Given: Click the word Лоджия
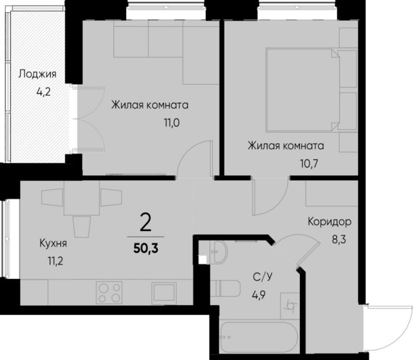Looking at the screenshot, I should tap(37, 73).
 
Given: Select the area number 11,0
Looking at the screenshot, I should tap(171, 122).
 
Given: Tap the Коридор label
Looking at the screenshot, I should tap(330, 222).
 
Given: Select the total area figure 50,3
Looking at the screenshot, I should tap(147, 248).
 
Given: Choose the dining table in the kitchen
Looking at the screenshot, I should tap(81, 198).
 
